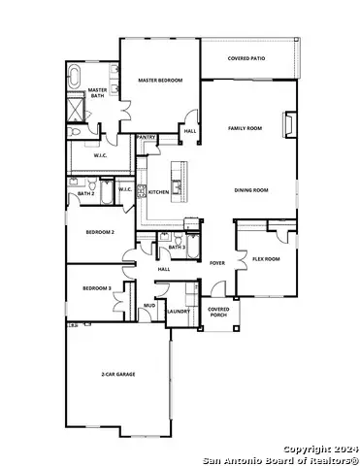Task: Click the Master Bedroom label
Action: click(160, 80)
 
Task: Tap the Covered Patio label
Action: click(246, 58)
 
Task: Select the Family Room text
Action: click(245, 128)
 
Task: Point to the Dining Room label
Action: click(250, 190)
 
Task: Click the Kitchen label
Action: click(159, 192)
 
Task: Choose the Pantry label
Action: click(147, 138)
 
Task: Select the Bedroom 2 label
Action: click(100, 233)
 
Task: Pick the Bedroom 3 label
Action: click(96, 288)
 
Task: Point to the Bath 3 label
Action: click(177, 248)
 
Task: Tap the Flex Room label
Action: click(266, 258)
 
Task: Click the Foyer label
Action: click(217, 262)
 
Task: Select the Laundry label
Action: click(177, 311)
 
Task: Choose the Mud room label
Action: click(149, 305)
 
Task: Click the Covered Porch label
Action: click(218, 312)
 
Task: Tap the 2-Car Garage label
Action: click(117, 374)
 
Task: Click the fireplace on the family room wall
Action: click(286, 125)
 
